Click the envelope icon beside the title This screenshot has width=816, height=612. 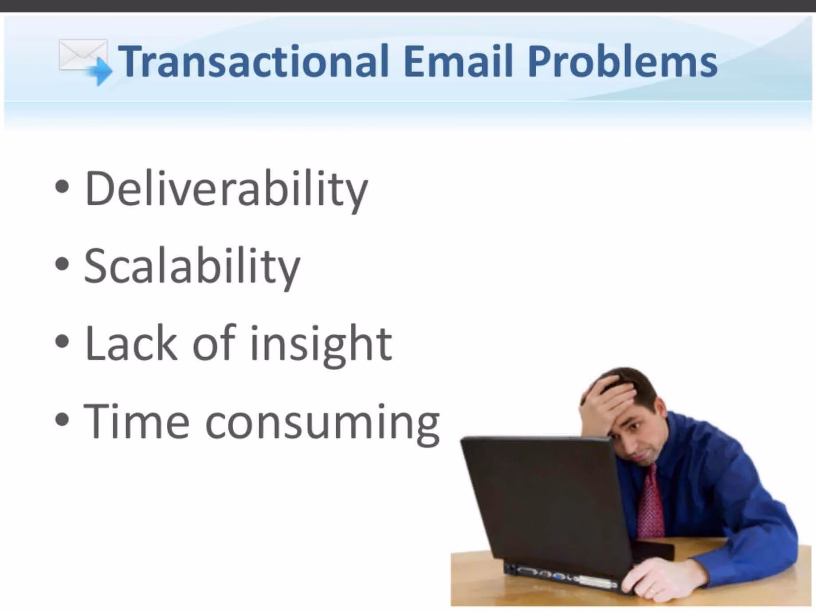coord(84,61)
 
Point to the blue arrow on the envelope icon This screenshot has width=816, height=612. coord(100,71)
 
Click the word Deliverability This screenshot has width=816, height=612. coord(226,190)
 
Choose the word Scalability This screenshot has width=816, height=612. coord(192,267)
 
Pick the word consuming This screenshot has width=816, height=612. coord(322,425)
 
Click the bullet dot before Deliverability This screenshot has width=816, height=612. coord(63,187)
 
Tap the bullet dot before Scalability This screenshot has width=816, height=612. coord(63,264)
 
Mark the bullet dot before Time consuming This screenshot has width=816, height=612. coord(63,419)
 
